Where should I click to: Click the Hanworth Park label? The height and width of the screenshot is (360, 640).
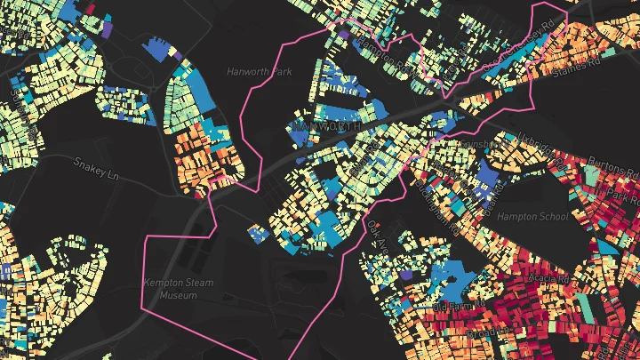click(x=260, y=70)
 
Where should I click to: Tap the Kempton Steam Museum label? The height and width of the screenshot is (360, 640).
click(x=172, y=289)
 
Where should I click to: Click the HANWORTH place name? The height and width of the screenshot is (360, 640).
click(x=326, y=127)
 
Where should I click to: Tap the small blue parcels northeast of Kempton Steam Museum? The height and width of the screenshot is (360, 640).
click(x=259, y=234)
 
